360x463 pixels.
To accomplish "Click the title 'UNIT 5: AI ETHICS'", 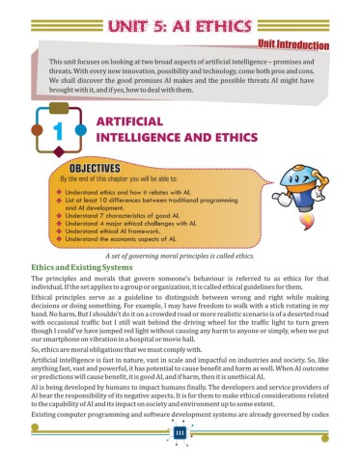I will [x=180, y=20].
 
